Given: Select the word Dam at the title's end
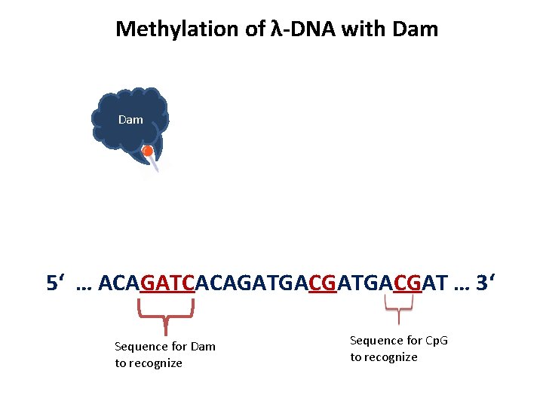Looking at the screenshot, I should click(415, 29).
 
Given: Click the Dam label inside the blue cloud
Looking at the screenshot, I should click(130, 120).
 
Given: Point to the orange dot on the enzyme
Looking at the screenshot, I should click(149, 151).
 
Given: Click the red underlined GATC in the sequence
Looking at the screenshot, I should click(167, 283).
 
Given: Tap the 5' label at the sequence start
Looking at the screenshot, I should click(56, 283).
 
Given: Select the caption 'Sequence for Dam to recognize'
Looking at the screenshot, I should click(164, 354).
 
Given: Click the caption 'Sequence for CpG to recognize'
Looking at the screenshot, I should click(398, 348).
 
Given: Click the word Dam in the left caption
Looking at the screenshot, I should click(203, 347).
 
